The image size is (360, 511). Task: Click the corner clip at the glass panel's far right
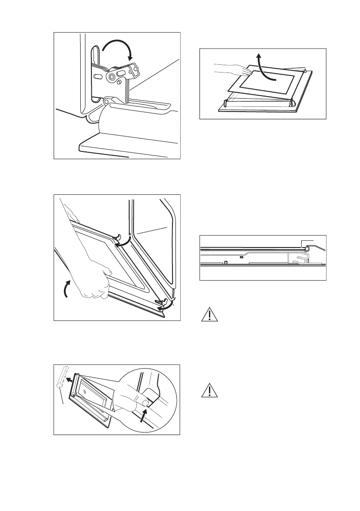point(305,71)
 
